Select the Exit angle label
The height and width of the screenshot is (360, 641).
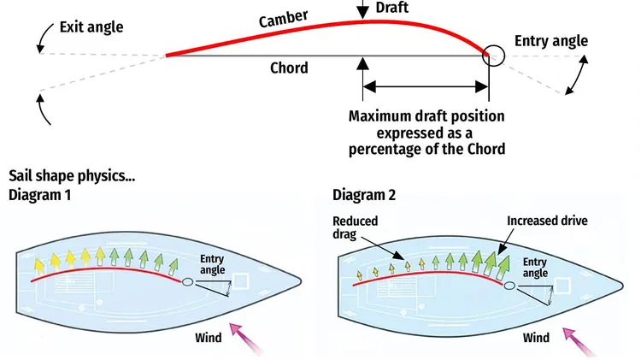(x=91, y=27)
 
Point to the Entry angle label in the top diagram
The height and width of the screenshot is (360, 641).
(x=552, y=41)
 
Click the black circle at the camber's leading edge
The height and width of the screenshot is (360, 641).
(x=493, y=56)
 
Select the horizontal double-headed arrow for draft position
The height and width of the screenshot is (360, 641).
(x=426, y=86)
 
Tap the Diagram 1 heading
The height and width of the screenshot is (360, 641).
(x=39, y=195)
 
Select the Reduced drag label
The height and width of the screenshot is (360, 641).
(x=356, y=228)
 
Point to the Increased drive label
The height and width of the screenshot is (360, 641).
(x=547, y=221)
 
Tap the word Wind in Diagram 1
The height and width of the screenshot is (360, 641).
(x=207, y=338)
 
